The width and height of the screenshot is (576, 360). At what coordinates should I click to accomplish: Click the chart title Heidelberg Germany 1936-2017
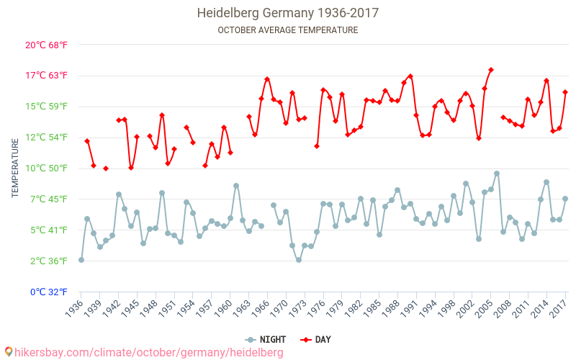288,13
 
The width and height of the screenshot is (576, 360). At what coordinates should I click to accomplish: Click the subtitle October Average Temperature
288,30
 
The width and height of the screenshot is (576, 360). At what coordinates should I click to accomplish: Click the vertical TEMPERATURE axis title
15,168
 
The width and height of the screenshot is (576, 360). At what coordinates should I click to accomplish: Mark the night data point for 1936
81,260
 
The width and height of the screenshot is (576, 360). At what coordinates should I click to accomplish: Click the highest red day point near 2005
491,70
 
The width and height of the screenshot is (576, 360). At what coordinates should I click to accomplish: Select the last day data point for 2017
565,92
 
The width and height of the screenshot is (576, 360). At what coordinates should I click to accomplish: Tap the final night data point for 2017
565,199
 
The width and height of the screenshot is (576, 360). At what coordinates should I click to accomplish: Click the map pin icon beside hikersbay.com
9,352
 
